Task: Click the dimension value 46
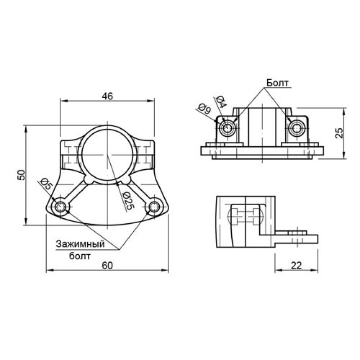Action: tap(108, 96)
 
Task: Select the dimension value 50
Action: tap(21, 175)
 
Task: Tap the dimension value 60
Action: tap(108, 265)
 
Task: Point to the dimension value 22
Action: tap(296, 265)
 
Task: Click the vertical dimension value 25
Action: tap(339, 133)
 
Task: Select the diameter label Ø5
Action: tap(46, 184)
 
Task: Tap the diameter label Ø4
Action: tap(221, 102)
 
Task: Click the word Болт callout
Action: tap(277, 83)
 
